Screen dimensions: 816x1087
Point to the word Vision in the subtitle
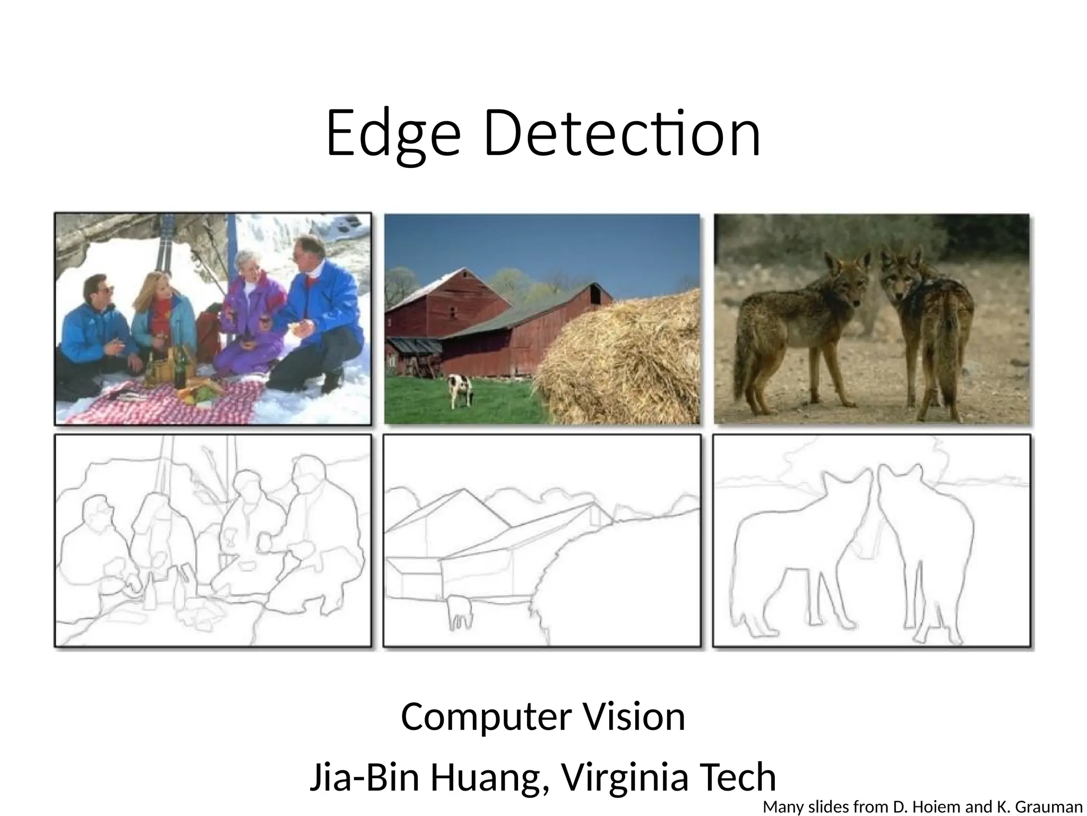click(634, 717)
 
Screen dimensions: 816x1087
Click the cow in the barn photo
click(459, 389)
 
